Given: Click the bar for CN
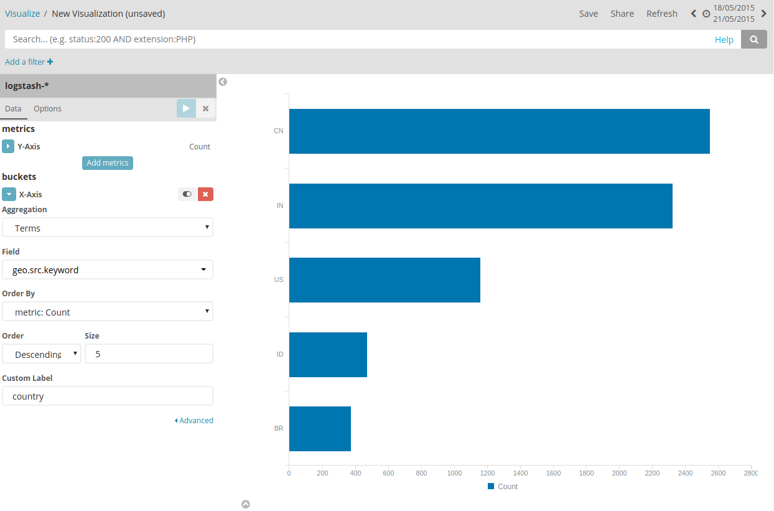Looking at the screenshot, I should coord(499,131).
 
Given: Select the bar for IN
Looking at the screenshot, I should coord(480,205).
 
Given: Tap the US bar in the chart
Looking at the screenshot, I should coord(385,280).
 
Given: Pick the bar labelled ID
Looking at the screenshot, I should coord(328,354).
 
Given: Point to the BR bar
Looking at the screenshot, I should coord(320,429).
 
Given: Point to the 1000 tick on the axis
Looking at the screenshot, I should coord(454,474).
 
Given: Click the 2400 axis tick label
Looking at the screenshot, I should coord(685,474).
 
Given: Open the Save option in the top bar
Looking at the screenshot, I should coord(588,14).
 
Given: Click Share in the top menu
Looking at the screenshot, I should coord(622,14).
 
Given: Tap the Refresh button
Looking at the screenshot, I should coord(661,14).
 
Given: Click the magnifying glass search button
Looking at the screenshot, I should coord(754,39).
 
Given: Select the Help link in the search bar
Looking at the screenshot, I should coord(724,40).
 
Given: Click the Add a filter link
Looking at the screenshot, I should coord(29,62).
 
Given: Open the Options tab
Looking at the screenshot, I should coord(47,109).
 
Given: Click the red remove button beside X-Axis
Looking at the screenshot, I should coord(205,194).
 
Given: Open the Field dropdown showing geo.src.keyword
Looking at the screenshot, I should coord(108,270).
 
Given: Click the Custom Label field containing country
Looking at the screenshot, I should coord(108,396).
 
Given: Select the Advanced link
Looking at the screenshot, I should coord(194,421).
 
